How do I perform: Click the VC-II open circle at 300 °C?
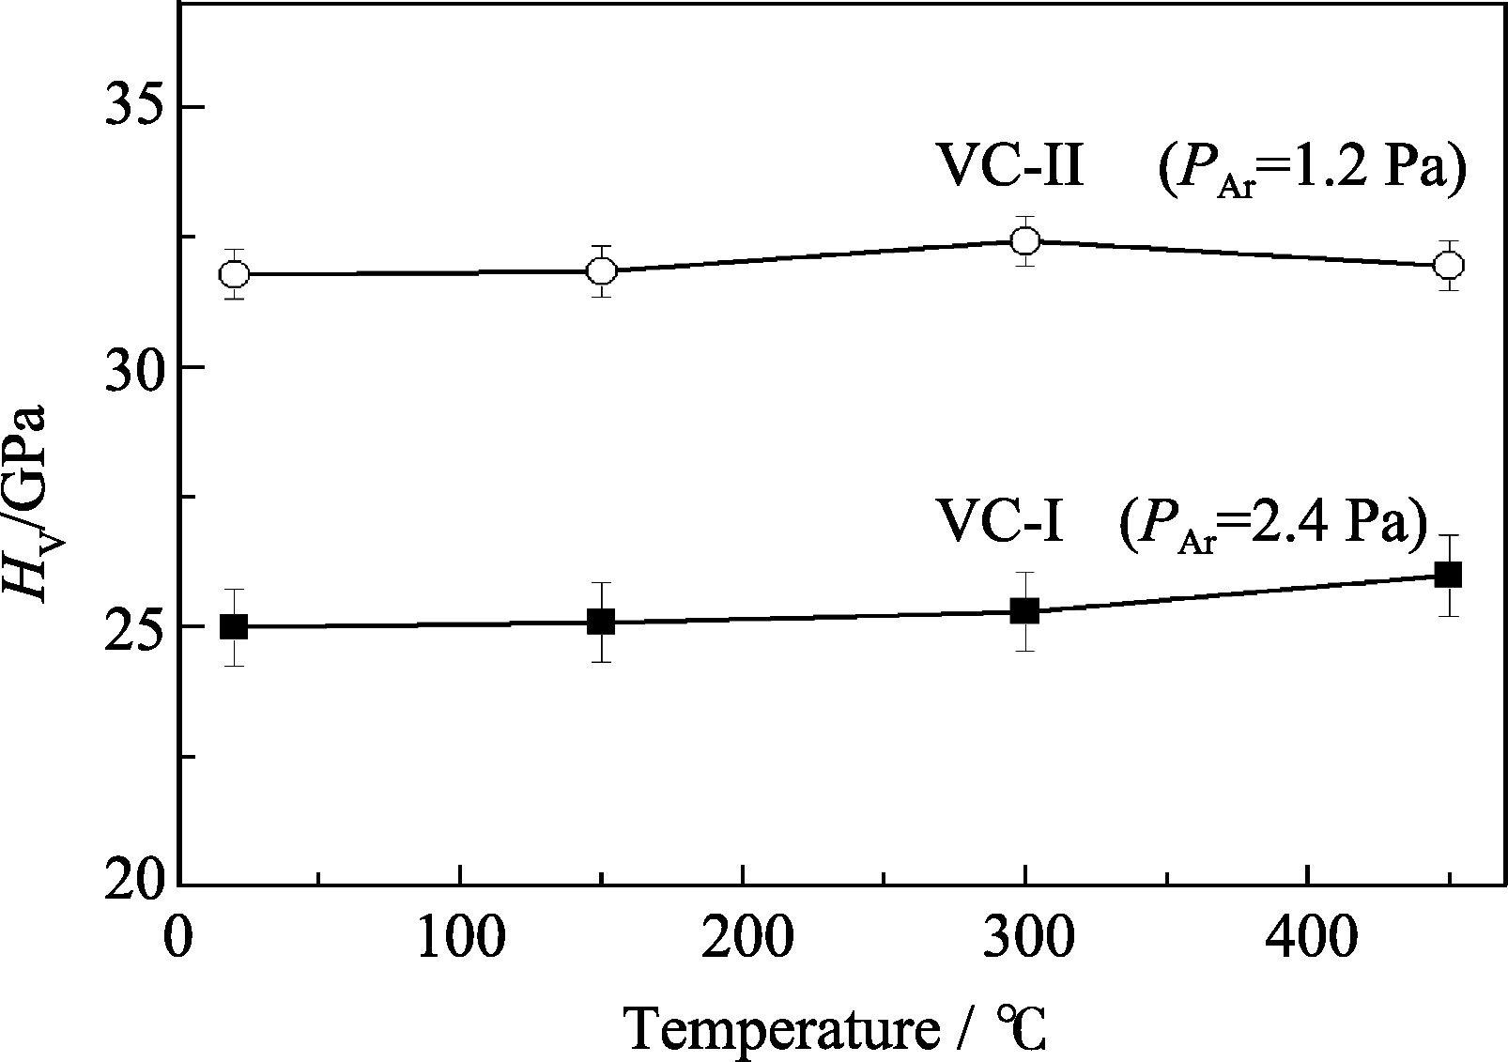[1025, 240]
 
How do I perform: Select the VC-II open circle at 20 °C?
[234, 274]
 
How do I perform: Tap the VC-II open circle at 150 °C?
[601, 270]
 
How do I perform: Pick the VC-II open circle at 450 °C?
[1449, 265]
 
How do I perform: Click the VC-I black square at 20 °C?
[234, 626]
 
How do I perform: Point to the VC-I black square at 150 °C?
[601, 622]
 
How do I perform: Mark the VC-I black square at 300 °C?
[1025, 611]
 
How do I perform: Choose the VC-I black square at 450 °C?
[1449, 575]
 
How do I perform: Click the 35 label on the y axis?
[129, 106]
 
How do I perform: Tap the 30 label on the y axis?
[129, 366]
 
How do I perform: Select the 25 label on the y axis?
[129, 626]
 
